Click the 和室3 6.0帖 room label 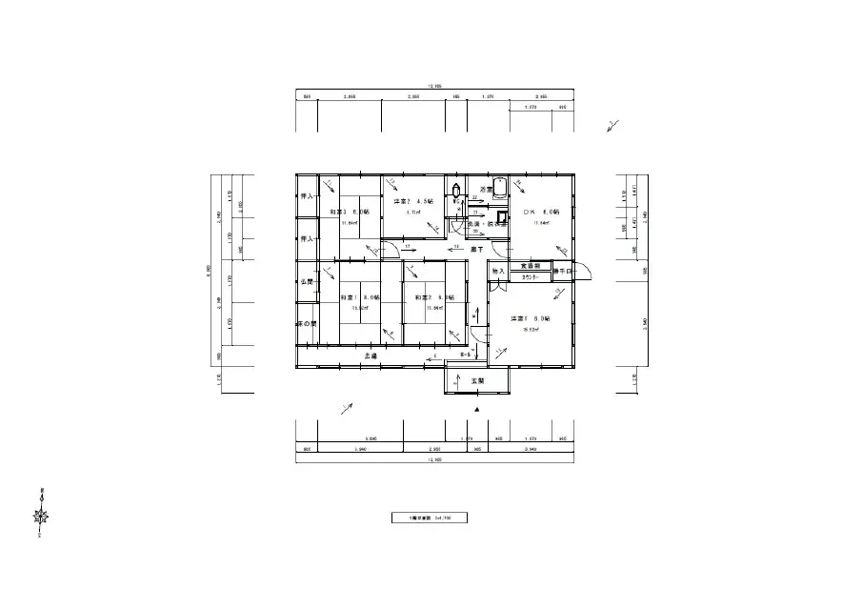click(343, 212)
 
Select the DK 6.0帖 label click(540, 212)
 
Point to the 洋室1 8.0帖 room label click(530, 318)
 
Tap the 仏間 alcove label click(307, 283)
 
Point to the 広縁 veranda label click(371, 356)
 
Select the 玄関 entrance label click(477, 381)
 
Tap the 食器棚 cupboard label click(531, 265)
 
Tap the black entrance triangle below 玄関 click(477, 409)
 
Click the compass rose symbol click(42, 517)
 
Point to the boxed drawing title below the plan click(431, 518)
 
